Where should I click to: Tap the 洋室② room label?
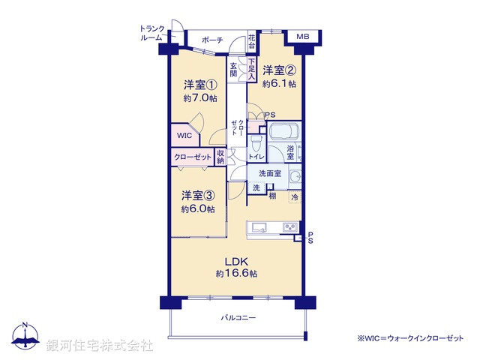[279, 73]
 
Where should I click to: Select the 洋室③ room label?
[197, 196]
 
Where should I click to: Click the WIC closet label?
[184, 135]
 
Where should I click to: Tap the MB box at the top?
[303, 36]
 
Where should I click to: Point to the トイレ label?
[256, 157]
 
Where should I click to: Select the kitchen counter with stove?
[275, 228]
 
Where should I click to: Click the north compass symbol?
[26, 338]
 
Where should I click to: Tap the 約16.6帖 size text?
[236, 274]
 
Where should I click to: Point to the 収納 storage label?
[220, 157]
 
